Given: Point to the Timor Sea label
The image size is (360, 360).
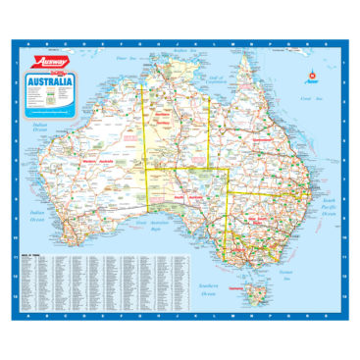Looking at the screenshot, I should tap(122, 59).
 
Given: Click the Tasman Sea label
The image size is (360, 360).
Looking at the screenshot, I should tap(286, 269).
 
